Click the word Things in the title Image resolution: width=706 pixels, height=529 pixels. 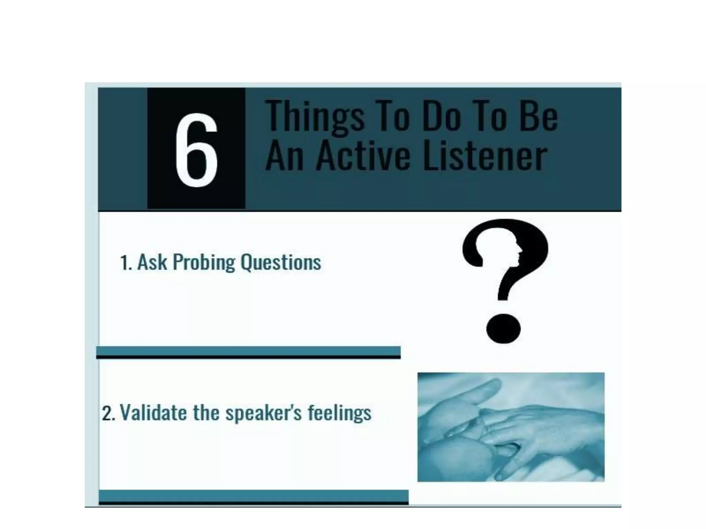coord(315,116)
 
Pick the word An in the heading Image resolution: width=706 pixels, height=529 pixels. coord(284,157)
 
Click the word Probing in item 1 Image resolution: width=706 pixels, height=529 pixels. coord(203,262)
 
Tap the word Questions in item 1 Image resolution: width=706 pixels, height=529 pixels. coord(281,262)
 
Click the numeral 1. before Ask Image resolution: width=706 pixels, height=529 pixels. coord(126,263)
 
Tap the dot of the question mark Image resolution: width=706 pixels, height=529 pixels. coord(503,328)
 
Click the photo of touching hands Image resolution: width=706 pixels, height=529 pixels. coord(511,427)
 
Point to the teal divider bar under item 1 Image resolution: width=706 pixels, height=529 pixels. coord(248,351)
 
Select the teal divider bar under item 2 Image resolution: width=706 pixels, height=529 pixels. coord(253,496)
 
